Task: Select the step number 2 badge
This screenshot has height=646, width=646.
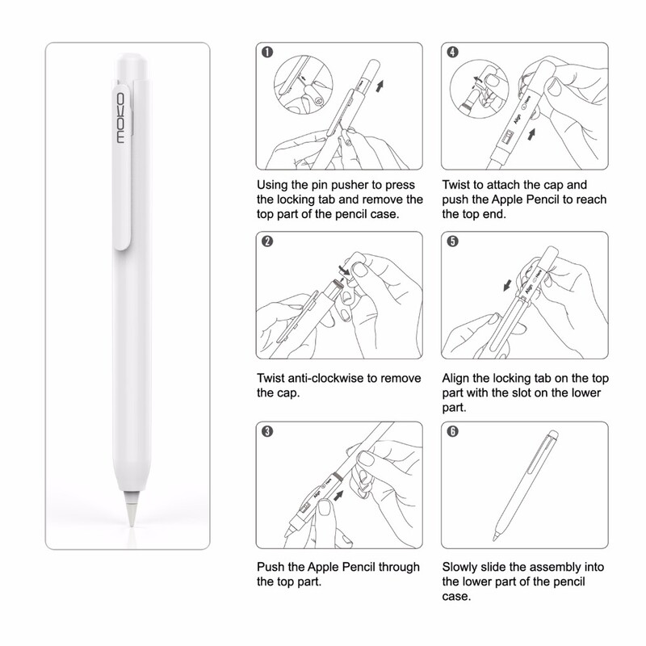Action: pos(266,241)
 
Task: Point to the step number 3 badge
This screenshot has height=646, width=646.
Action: pos(266,430)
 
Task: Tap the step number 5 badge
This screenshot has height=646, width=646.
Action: pos(454,241)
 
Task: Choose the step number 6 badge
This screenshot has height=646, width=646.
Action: pos(454,430)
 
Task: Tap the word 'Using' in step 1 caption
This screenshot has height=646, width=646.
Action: pos(273,183)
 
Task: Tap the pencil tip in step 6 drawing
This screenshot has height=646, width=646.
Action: pos(493,535)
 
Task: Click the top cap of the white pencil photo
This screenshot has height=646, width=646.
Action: pos(130,69)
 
